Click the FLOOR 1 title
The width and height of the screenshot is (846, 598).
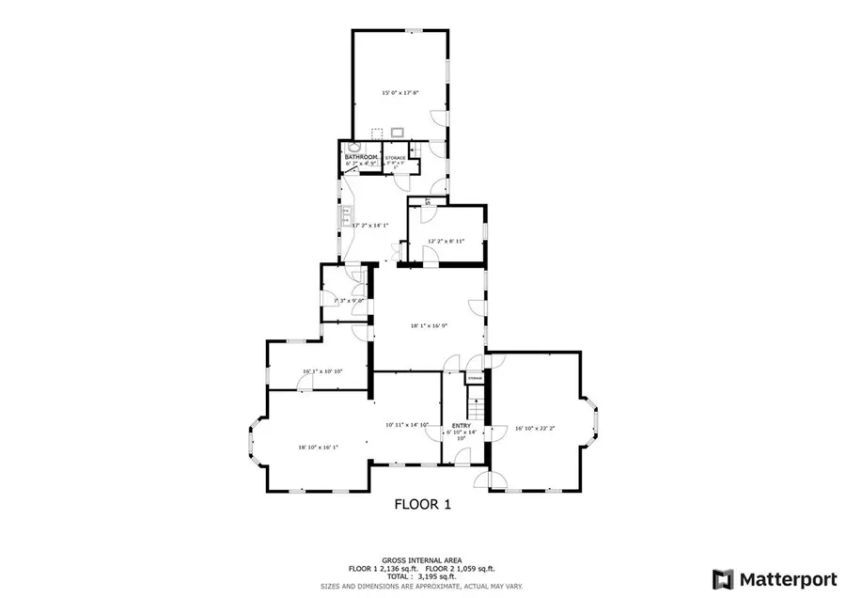(422, 504)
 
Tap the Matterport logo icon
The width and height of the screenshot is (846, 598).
(723, 578)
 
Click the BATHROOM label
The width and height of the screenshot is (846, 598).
(362, 157)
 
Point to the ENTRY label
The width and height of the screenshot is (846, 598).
(461, 425)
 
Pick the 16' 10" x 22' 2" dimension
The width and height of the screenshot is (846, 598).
(536, 429)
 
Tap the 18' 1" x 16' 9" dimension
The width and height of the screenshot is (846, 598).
(429, 326)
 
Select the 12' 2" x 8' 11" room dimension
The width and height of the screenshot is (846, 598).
(446, 242)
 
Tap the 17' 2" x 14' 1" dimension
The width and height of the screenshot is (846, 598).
(370, 226)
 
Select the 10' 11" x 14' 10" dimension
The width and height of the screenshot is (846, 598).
(407, 425)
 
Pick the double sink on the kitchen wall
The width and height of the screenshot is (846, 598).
(344, 216)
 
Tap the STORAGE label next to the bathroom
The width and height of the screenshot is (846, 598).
(396, 159)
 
